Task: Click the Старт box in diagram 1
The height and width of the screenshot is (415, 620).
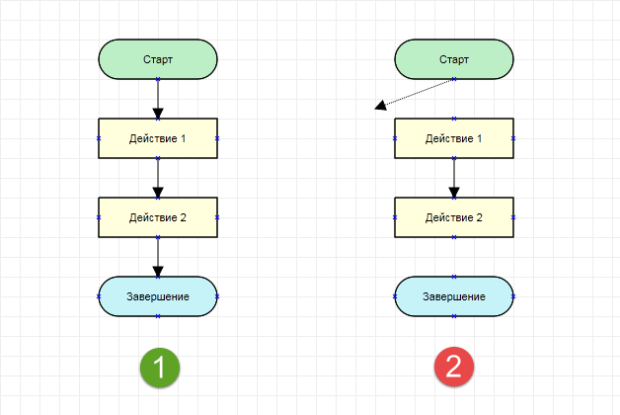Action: tap(158, 59)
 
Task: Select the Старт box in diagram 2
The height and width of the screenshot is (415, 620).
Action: tap(454, 59)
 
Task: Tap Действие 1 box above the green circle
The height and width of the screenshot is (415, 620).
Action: tap(158, 138)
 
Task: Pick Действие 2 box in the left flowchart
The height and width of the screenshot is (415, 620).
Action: tap(158, 217)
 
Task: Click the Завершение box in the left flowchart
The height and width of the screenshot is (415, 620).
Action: tap(158, 296)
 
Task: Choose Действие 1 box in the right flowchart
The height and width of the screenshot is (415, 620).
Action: tap(454, 138)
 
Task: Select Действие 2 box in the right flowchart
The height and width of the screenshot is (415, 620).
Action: tap(454, 217)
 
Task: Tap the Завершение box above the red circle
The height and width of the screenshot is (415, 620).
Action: tap(454, 296)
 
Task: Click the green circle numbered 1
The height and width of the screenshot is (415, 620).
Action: tap(160, 368)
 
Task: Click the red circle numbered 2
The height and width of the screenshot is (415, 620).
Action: tap(454, 368)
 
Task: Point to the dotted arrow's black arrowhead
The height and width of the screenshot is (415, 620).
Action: tap(380, 106)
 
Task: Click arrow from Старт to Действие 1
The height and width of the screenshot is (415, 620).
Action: tap(158, 99)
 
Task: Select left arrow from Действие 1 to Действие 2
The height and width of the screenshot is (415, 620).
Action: tap(158, 178)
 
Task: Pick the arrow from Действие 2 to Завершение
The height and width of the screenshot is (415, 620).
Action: tap(158, 257)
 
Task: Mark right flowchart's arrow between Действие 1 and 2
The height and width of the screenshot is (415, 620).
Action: tap(454, 178)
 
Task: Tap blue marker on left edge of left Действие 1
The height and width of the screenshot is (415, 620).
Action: tap(99, 138)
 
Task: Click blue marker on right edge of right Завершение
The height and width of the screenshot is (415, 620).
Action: tap(513, 296)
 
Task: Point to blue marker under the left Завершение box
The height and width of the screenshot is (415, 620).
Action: tap(158, 316)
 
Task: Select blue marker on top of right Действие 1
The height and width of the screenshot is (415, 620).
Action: tap(454, 119)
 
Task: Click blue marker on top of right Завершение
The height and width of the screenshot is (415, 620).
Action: tap(454, 277)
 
